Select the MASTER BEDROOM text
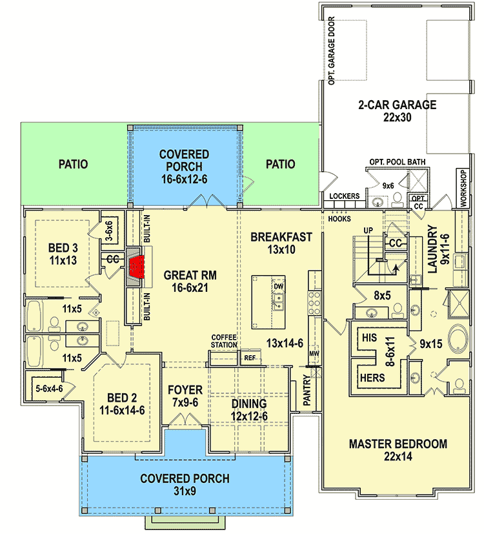[x=398, y=444]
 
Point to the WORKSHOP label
[x=462, y=188]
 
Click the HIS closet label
[x=369, y=338]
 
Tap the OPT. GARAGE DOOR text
[x=331, y=51]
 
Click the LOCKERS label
[x=343, y=196]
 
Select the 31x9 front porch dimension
[x=185, y=492]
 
